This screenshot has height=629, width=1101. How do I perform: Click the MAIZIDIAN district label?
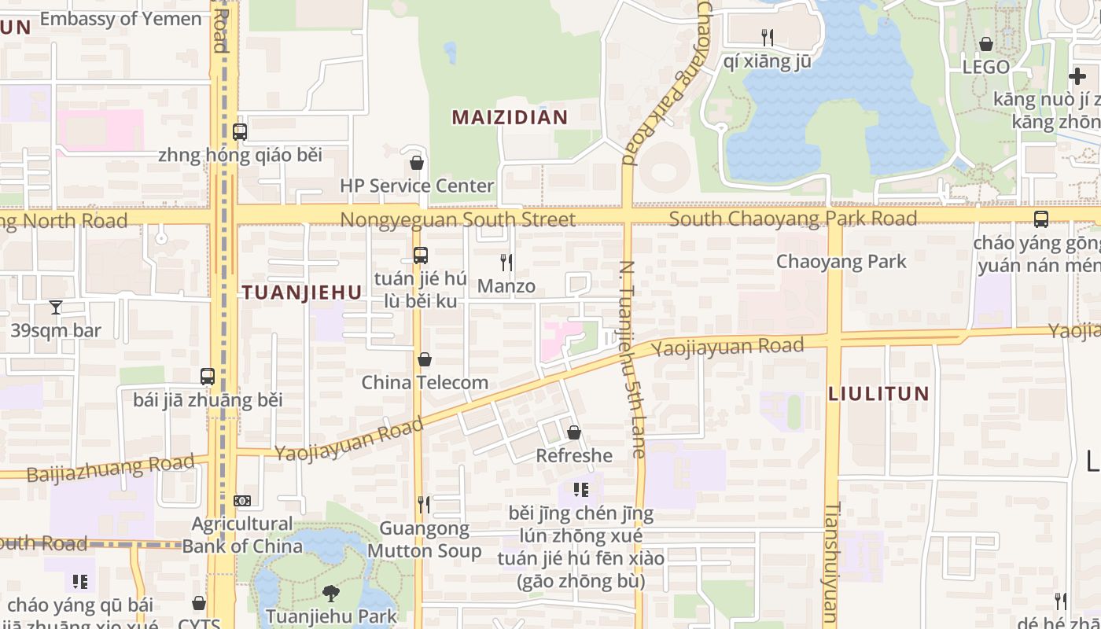tap(510, 118)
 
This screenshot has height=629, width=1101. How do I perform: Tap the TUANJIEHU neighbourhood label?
tap(302, 292)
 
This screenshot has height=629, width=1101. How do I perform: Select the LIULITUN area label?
tap(878, 393)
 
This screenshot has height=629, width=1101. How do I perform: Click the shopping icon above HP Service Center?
tap(417, 163)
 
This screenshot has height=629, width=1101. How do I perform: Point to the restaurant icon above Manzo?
tap(506, 262)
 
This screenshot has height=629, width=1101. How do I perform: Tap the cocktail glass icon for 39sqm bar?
tap(56, 307)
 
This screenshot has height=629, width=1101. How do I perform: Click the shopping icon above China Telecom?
tap(425, 359)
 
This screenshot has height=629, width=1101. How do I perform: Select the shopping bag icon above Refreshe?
tap(574, 432)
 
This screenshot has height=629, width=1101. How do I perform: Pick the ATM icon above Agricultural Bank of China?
tap(242, 500)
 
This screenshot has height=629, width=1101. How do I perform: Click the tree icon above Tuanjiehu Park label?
tap(331, 593)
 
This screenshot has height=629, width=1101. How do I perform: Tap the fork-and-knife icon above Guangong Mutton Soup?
tap(424, 504)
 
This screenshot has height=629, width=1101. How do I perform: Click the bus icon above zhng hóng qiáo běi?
tap(240, 132)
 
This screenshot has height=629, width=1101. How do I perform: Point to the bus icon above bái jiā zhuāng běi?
tap(208, 377)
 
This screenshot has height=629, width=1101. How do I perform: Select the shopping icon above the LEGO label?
tap(986, 44)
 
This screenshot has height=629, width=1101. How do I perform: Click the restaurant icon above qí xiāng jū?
tap(768, 37)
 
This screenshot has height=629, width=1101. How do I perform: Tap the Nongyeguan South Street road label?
tap(458, 219)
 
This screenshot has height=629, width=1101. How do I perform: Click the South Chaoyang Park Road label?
tap(793, 218)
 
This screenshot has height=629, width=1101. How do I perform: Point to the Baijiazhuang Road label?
tap(110, 469)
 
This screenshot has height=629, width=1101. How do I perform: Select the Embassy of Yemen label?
tap(120, 19)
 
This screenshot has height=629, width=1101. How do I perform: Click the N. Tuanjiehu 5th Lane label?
tap(632, 359)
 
